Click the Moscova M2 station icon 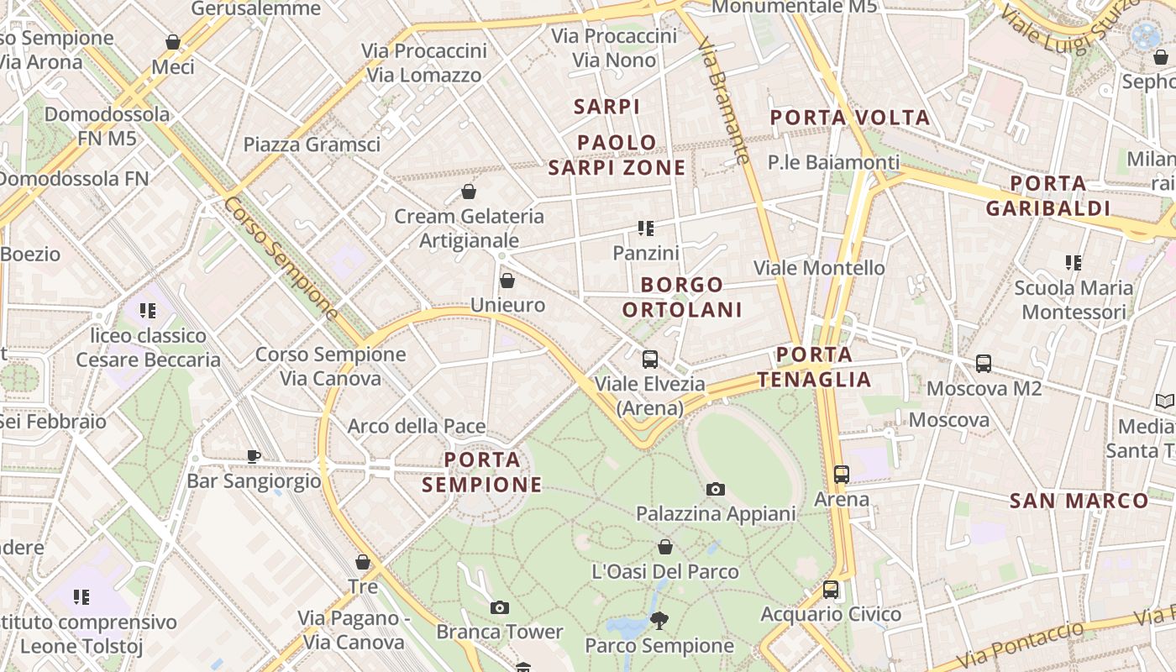984,364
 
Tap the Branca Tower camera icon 500,607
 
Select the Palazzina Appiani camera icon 716,489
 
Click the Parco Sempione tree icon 659,621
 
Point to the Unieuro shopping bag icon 507,281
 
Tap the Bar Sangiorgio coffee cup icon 254,456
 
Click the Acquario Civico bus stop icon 831,590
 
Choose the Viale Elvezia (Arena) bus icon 650,360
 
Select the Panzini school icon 645,228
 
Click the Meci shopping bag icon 173,42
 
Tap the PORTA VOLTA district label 850,118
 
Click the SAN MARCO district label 1079,501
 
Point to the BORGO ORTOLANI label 682,297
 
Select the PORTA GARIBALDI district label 1048,196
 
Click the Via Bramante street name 723,99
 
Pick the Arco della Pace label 417,427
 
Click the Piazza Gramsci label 312,144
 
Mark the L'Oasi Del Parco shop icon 665,548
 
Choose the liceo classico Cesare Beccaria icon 149,311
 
